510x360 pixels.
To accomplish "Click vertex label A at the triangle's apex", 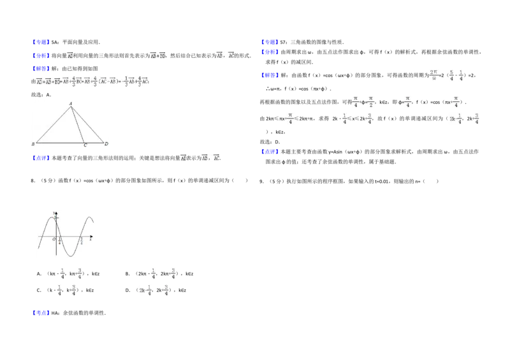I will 70,103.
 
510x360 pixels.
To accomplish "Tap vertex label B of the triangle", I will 33,144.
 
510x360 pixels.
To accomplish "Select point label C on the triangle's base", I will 85,145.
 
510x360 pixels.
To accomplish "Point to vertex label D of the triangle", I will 106,144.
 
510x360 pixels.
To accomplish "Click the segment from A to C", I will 78,125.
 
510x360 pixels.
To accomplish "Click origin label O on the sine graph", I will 54,239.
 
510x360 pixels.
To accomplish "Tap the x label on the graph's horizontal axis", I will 91,240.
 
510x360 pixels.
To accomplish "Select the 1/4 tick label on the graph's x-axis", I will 59,241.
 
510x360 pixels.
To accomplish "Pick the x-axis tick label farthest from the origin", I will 82,241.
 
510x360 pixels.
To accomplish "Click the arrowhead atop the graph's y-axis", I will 57,212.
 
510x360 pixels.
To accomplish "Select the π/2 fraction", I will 372,102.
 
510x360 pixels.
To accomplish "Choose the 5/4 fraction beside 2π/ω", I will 451,75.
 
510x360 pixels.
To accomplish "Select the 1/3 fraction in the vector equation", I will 124,81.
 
